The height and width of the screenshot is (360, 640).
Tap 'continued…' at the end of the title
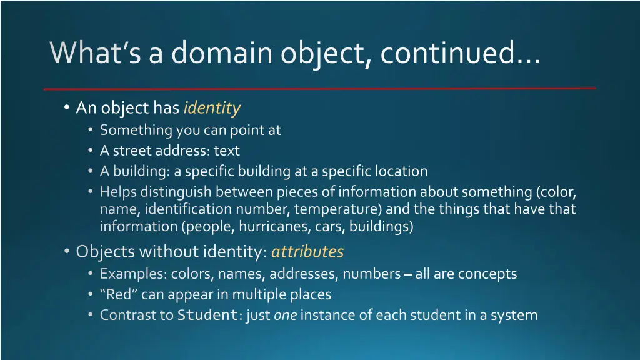[x=459, y=53]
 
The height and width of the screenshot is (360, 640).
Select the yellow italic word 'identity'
[x=212, y=108]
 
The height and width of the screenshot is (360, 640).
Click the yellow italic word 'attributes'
[x=307, y=252]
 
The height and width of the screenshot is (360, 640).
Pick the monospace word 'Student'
[x=207, y=315]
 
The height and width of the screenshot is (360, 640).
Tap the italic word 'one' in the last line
[x=285, y=315]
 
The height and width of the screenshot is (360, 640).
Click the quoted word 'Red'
[x=119, y=294]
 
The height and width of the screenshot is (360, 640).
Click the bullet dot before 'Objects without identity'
[x=67, y=252]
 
